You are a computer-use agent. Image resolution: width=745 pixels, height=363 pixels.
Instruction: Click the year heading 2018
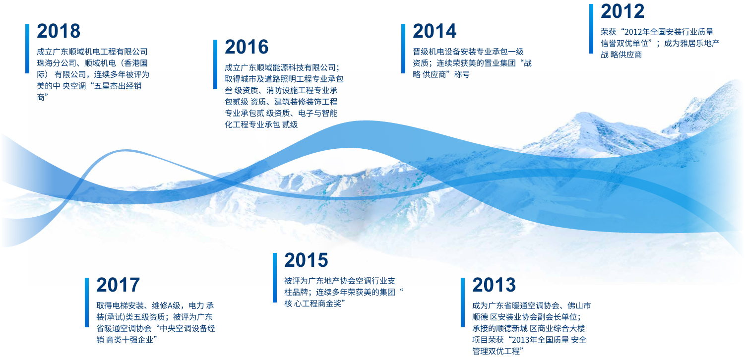tap(59, 31)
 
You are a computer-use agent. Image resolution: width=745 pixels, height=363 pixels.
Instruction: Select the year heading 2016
tap(247, 47)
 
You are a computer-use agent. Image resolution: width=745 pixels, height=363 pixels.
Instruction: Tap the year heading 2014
tap(435, 31)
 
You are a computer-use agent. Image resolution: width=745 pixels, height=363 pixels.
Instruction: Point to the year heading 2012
tap(622, 11)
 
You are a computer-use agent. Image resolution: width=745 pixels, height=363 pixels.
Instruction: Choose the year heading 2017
tap(118, 285)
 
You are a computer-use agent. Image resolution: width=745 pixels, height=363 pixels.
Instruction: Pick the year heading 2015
tap(306, 260)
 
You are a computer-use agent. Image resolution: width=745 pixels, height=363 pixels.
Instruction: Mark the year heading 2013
tap(494, 285)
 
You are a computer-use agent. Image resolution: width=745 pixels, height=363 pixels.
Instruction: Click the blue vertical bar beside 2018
tap(27, 49)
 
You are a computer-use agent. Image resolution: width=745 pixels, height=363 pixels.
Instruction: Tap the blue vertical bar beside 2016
tap(215, 64)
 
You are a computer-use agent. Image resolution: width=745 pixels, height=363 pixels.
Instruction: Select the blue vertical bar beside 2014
tap(403, 49)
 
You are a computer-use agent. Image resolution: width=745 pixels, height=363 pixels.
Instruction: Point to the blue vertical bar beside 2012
tap(591, 29)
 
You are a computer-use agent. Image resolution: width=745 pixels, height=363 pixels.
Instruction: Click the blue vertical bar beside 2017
tap(87, 302)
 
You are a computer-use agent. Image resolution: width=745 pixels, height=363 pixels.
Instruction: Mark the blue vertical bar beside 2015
tap(275, 278)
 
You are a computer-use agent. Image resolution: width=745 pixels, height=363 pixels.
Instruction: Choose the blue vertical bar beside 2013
tap(463, 302)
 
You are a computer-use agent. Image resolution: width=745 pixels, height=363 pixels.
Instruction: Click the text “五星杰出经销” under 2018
tap(118, 86)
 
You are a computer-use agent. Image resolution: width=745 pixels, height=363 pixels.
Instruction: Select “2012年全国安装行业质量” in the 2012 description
tap(669, 32)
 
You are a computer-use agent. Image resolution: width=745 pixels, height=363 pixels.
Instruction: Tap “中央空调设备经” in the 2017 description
tap(187, 328)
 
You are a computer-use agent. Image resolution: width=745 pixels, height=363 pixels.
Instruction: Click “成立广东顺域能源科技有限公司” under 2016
tap(280, 68)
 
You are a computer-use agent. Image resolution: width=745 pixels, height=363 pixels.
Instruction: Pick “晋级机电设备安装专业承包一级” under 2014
tap(468, 52)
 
